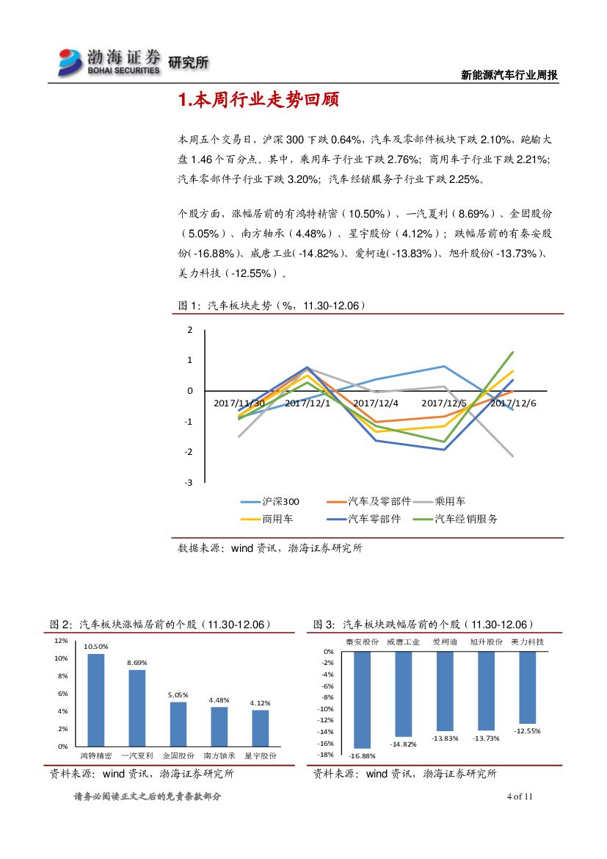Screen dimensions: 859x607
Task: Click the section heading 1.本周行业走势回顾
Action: pyautogui.click(x=258, y=101)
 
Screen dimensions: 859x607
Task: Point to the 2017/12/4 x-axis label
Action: pyautogui.click(x=376, y=403)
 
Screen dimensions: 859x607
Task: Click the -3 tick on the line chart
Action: pyautogui.click(x=189, y=482)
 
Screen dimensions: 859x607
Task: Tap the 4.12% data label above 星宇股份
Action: pyautogui.click(x=261, y=703)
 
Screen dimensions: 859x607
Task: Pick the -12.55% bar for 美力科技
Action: pyautogui.click(x=527, y=688)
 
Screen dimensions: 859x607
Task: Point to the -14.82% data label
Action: pyautogui.click(x=403, y=744)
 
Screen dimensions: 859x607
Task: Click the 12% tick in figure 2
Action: pyautogui.click(x=61, y=641)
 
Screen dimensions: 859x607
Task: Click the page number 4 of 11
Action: pyautogui.click(x=519, y=797)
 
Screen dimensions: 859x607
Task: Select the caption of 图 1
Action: pyautogui.click(x=272, y=305)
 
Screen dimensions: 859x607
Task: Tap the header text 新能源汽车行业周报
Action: pyautogui.click(x=509, y=75)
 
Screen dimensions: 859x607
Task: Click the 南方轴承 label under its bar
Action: pyautogui.click(x=219, y=755)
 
